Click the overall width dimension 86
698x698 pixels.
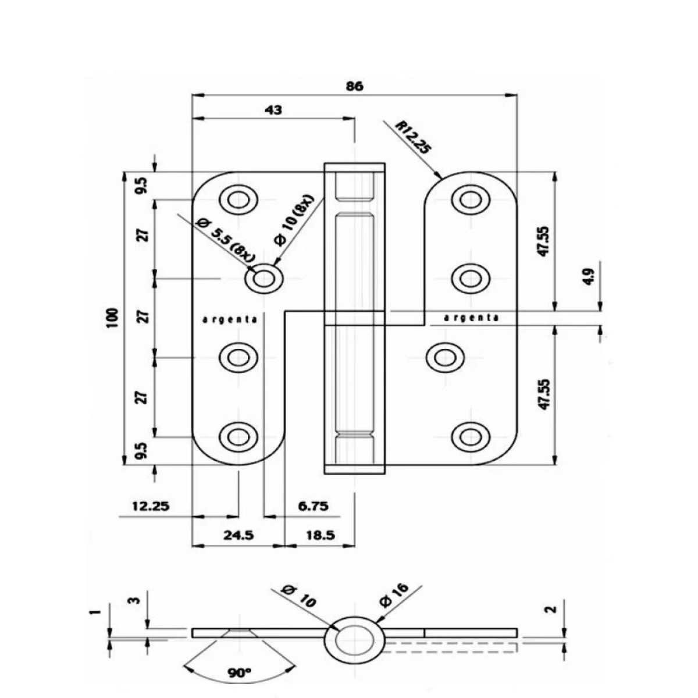point(354,87)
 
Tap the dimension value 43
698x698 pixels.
point(273,110)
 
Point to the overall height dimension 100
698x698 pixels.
point(113,318)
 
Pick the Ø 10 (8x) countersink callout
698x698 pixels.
point(296,220)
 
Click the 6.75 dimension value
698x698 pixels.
point(314,505)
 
